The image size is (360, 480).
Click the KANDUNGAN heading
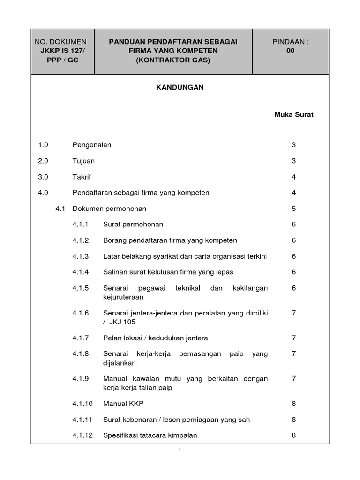pos(180,87)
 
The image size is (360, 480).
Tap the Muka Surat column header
pos(294,114)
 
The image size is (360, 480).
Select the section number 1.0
pos(44,145)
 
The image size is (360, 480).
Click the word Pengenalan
pos(92,145)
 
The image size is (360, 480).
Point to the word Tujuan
pos(83,161)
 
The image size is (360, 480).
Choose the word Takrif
pos(82,177)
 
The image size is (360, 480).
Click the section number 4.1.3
pos(80,256)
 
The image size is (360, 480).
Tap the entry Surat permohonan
pos(133,225)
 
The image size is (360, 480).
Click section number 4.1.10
pos(82,403)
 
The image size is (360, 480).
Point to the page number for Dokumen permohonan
pos(294,209)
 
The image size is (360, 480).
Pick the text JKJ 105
pos(121,322)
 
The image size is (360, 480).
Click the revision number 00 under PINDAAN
pos(291,51)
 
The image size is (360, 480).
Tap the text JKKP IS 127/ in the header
pos(63,51)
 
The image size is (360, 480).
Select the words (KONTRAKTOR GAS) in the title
pos(173,60)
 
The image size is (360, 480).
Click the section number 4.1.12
pos(82,435)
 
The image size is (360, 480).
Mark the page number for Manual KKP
pos(294,403)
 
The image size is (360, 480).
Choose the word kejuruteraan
pos(123,297)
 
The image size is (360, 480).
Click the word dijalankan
pos(120,362)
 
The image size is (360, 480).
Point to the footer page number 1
pos(180,450)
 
